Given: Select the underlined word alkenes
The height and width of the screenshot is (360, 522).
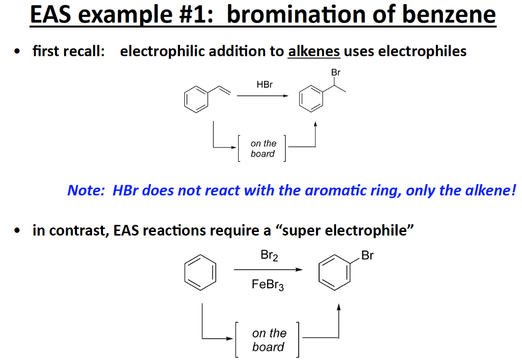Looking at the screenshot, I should pos(314,52).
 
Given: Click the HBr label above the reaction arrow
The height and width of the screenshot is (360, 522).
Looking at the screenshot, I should pos(265,85).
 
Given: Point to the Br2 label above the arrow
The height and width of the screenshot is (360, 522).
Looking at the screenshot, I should pos(269,256).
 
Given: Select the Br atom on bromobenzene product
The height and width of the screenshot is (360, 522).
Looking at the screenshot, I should pos(367,256).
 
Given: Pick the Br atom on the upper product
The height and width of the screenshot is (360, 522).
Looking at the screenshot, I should pos(335,73).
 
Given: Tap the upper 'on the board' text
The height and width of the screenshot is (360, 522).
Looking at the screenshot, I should pos(263,148).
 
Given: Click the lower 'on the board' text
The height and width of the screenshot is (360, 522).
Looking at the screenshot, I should pos(269,340).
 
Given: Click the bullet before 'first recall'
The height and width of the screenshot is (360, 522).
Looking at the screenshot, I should pos(18,52).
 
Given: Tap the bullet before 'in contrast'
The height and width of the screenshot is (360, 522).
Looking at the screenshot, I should pos(18,231).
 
